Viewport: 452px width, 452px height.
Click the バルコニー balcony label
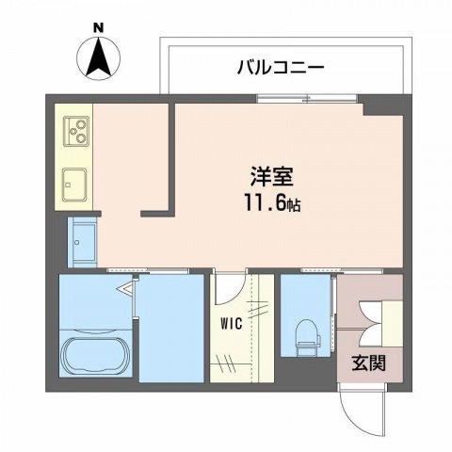280,67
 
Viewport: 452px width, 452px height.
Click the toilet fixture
305,333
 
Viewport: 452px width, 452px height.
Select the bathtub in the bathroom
97,357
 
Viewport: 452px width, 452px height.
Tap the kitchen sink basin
74,182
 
